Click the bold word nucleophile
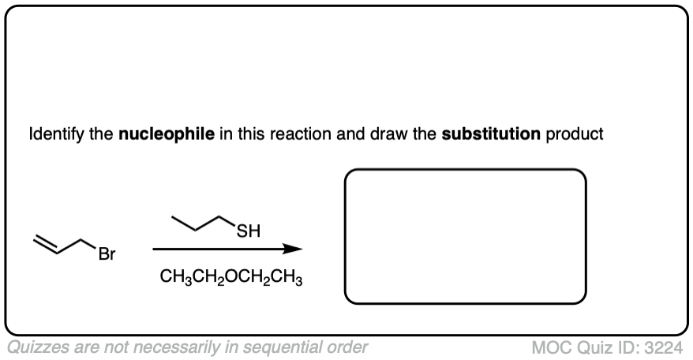click(166, 134)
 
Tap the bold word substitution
click(490, 134)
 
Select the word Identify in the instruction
click(54, 134)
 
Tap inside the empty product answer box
click(466, 235)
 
